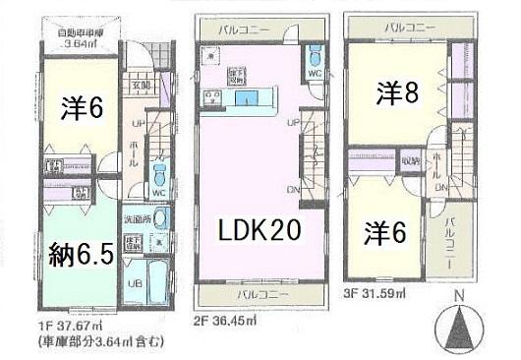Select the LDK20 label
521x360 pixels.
pyautogui.click(x=259, y=231)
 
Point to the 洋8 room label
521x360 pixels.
pyautogui.click(x=398, y=94)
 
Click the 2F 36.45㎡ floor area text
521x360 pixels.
pyautogui.click(x=231, y=321)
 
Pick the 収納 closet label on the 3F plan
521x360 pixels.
pyautogui.click(x=411, y=159)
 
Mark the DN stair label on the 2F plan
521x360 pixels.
pyautogui.click(x=293, y=189)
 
